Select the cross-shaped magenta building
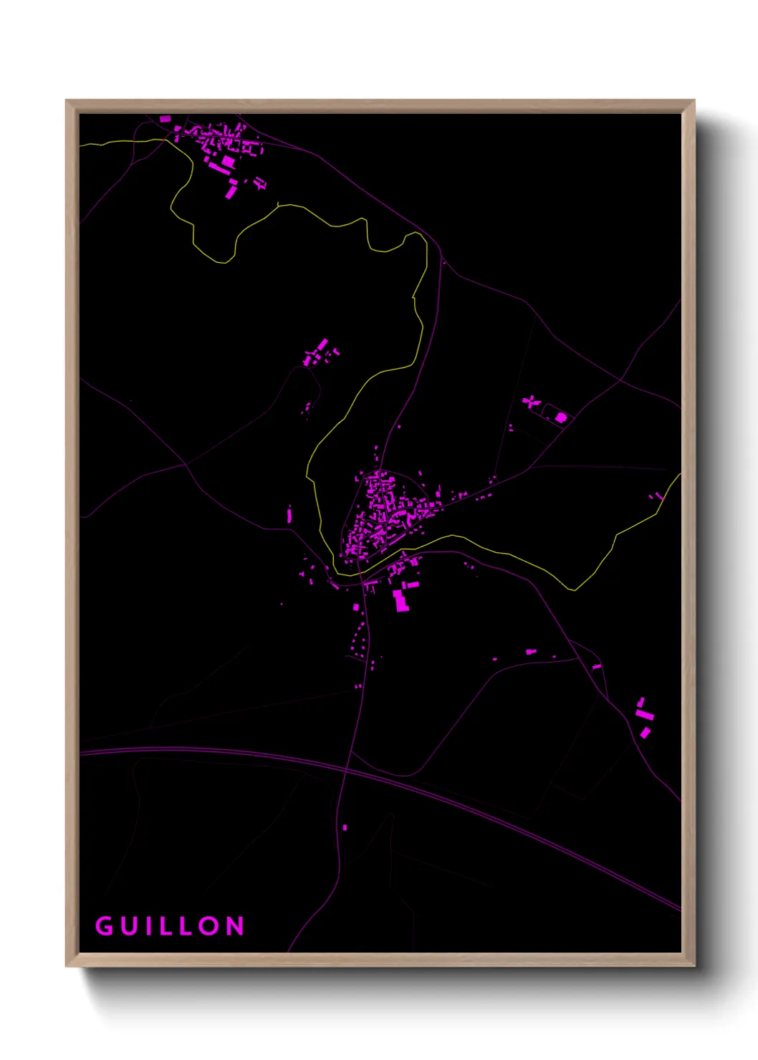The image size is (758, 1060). pos(530,402)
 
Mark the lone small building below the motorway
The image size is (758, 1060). pos(345,827)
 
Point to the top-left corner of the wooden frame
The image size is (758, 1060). pos(67,102)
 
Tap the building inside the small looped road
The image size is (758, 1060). pos(561,417)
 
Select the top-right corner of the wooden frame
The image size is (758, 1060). pos(693,102)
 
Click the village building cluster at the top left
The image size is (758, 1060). pos(222,147)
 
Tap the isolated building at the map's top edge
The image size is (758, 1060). pos(165,119)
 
